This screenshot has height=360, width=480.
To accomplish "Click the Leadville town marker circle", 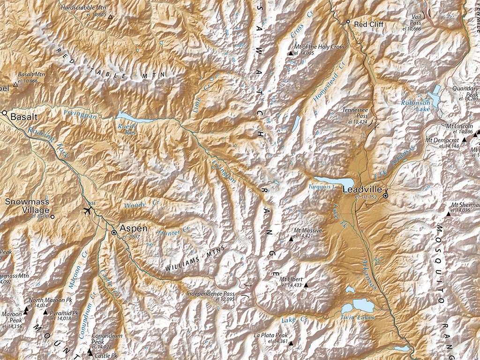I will tap(385, 196).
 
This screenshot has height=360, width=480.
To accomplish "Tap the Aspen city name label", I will tap(134, 228).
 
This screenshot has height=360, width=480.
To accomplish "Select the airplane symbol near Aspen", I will tap(87, 210).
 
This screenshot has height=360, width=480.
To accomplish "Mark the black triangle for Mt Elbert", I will tap(306, 285).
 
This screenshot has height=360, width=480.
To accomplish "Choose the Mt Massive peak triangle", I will tap(291, 238).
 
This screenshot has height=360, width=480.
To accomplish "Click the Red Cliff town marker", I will tap(348, 22).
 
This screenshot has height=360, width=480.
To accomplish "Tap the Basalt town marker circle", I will tap(4, 113).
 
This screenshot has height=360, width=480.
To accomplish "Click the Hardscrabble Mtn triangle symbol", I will tap(111, 17).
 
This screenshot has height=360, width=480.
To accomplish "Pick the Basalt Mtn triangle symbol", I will tap(15, 85).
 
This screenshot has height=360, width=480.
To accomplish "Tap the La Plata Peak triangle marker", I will tap(291, 344).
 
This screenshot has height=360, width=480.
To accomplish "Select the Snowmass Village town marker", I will tap(52, 217).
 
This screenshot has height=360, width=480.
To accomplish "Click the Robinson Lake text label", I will tap(415, 106).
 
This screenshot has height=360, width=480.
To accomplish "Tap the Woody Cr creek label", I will tap(135, 205).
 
